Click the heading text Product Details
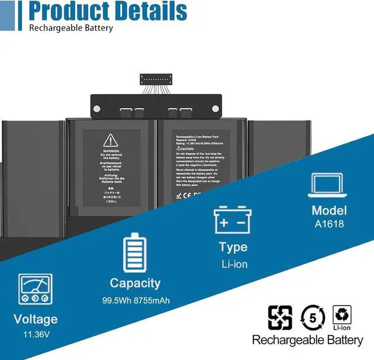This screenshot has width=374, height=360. (x=108, y=11)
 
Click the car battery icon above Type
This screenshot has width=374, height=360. (x=233, y=220)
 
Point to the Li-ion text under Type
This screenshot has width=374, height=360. (x=234, y=264)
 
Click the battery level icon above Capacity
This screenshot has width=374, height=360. (x=134, y=252)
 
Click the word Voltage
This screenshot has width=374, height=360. (x=36, y=319)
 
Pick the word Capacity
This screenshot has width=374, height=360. (x=135, y=283)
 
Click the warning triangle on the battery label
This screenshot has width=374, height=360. (x=110, y=140)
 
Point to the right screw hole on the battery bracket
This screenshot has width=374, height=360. (x=215, y=108)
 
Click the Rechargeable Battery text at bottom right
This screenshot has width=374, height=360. (x=307, y=340)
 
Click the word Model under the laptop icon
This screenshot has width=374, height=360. (x=329, y=210)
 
